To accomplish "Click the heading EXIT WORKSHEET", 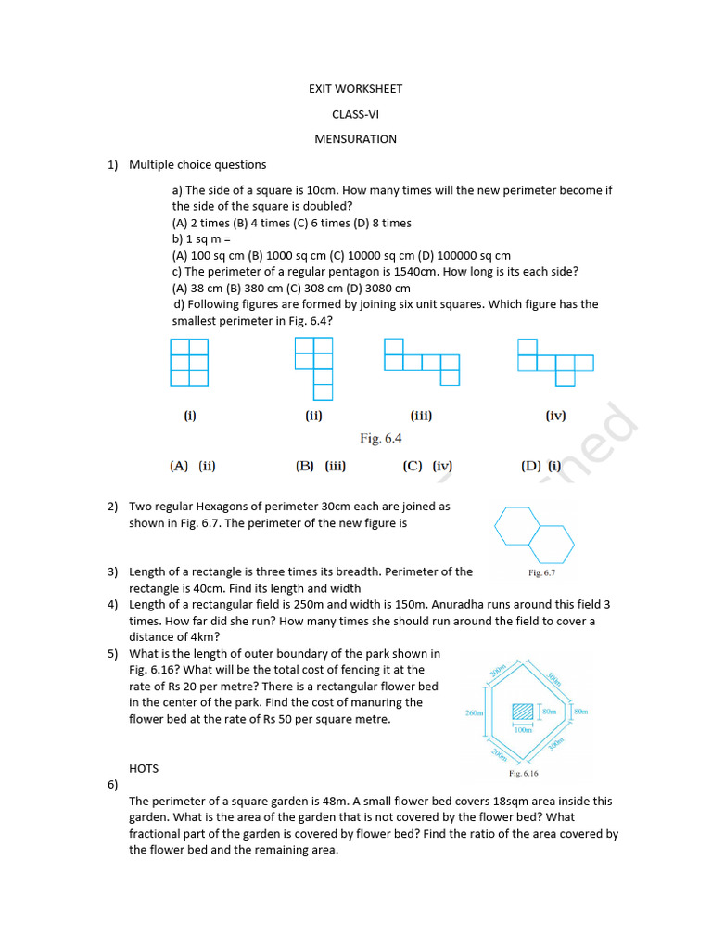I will (355, 89).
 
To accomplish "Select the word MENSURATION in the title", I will (355, 139).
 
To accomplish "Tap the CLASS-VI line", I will (355, 114).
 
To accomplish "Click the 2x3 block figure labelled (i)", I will (189, 362).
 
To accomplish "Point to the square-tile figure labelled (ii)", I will (313, 368).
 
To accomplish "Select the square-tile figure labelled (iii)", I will (422, 362).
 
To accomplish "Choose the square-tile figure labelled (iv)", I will (555, 362).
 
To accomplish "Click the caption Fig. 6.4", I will (381, 438).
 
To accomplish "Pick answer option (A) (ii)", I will (192, 467).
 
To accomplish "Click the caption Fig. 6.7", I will (541, 573).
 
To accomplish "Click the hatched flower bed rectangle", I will (524, 712).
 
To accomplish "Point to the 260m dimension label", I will (474, 713).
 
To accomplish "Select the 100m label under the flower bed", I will (524, 730).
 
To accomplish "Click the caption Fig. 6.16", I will (523, 773).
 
